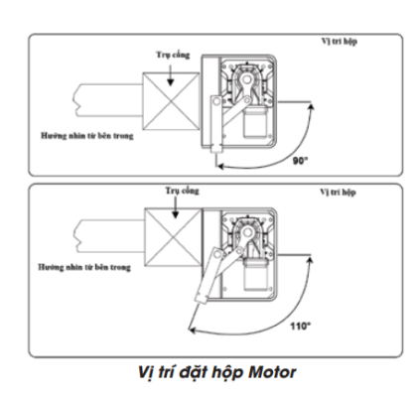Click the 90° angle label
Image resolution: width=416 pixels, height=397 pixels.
(301, 161)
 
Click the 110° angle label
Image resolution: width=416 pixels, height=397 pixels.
(301, 327)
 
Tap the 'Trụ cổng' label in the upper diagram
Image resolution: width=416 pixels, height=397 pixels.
(173, 55)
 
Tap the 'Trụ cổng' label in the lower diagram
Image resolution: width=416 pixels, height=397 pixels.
(183, 192)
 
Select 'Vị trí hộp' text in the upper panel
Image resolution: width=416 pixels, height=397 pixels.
(340, 42)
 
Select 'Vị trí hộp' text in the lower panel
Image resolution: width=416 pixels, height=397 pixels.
(338, 193)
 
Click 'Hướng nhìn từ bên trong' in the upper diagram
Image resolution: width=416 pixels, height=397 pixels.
(87, 136)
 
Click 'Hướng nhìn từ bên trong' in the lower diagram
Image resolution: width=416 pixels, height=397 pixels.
(84, 267)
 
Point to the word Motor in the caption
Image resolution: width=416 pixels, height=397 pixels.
(272, 372)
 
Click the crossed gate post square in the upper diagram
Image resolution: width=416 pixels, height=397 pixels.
(171, 101)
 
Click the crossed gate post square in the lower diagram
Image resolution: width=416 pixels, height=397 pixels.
(174, 237)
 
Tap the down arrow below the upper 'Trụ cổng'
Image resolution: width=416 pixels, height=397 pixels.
(170, 75)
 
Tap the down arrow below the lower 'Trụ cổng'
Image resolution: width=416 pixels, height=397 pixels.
(176, 207)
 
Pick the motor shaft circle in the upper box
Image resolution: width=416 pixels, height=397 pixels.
(246, 79)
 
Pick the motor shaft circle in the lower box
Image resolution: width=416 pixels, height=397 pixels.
(248, 232)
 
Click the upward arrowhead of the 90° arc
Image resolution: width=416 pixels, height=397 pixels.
(311, 106)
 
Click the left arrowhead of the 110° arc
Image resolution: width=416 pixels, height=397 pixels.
(192, 330)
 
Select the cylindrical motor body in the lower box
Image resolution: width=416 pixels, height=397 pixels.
(255, 275)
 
